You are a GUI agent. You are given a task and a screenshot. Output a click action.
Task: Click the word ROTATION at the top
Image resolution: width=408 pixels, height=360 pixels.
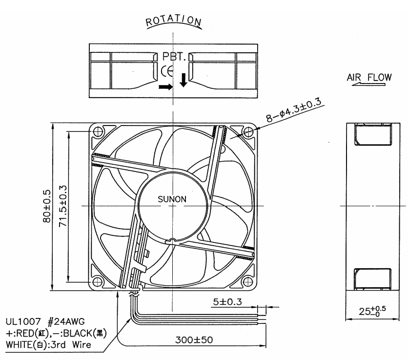click(x=174, y=21)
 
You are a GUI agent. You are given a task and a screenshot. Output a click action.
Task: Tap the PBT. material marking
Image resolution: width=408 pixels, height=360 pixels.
click(x=174, y=57)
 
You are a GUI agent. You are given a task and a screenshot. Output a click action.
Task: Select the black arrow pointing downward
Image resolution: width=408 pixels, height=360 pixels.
click(x=184, y=80)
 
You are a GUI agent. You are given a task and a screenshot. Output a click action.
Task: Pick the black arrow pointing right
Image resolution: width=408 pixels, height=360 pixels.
click(x=166, y=86)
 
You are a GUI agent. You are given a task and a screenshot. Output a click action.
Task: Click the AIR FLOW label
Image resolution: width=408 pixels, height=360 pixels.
click(x=369, y=77)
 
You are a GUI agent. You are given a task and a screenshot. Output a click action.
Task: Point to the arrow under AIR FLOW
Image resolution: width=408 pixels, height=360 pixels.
click(x=368, y=84)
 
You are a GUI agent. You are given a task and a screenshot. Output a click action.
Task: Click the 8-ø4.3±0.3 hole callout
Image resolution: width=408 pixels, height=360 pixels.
click(x=293, y=110)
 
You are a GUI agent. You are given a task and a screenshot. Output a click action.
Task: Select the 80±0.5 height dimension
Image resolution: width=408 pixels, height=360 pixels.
click(x=47, y=206)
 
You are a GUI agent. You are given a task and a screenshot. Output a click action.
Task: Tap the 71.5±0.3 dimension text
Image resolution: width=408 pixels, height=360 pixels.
click(x=62, y=206)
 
